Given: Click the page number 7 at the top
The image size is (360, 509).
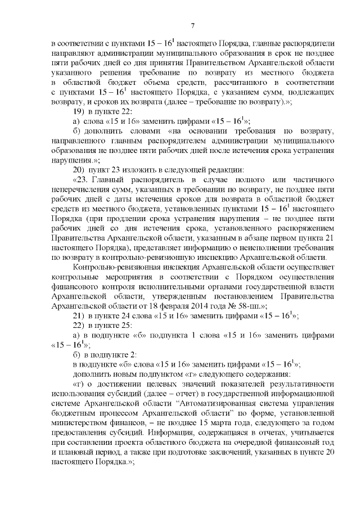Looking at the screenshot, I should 192,25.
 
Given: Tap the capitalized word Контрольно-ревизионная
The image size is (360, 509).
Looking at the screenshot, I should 123,267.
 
